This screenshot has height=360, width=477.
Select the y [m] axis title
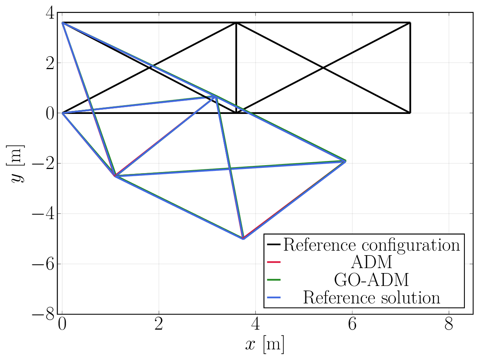coord(17,163)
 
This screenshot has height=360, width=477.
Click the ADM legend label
coord(371,262)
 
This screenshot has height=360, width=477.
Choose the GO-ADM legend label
coord(371,280)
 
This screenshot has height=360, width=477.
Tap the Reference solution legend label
coord(371,297)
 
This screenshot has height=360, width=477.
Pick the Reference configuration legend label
coord(371,245)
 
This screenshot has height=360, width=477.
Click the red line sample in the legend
coord(273,262)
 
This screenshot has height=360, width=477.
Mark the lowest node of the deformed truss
coord(243,238)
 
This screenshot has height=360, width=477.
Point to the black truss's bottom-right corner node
coord(410,113)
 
